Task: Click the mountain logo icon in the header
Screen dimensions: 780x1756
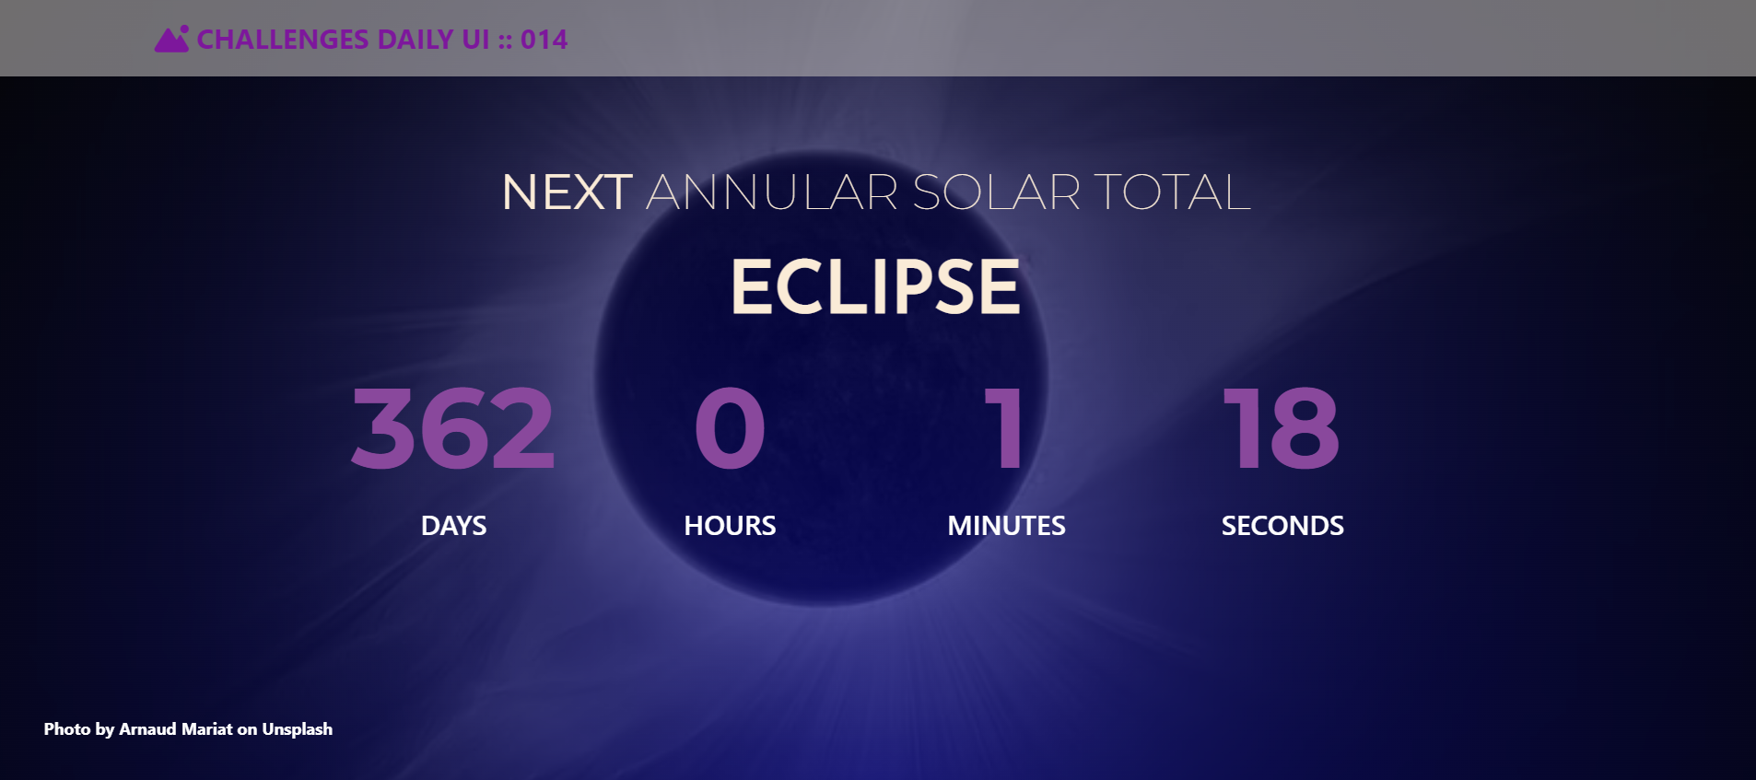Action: [x=171, y=40]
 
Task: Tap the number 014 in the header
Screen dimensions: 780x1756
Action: [x=544, y=40]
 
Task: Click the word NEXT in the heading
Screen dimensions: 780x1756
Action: [x=567, y=192]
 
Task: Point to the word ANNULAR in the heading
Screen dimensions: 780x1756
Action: [x=771, y=192]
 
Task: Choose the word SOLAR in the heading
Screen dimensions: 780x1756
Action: [x=996, y=192]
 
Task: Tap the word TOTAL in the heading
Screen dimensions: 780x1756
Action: [x=1172, y=192]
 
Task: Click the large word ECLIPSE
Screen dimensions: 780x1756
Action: [x=875, y=287]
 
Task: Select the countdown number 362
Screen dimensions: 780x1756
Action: [x=453, y=428]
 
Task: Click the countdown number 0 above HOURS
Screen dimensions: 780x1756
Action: [x=730, y=428]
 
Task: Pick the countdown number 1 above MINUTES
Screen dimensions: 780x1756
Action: [x=1004, y=428]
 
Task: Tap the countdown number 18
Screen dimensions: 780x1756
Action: [x=1282, y=428]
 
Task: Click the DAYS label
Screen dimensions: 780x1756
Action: [x=453, y=526]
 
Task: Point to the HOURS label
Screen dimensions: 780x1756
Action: [x=730, y=526]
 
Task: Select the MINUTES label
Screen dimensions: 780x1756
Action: [x=1006, y=526]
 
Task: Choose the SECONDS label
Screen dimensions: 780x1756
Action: [x=1282, y=526]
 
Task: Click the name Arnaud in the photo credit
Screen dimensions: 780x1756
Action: [x=147, y=729]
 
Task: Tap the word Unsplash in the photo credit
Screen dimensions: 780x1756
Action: [x=297, y=729]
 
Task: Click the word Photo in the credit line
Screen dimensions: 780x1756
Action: [x=67, y=729]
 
